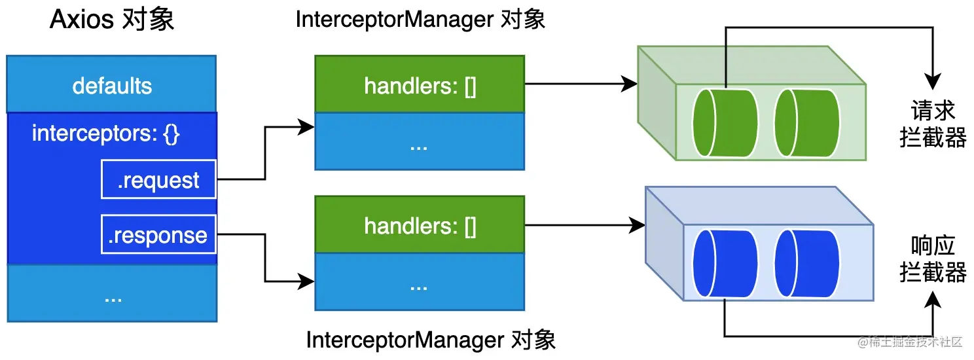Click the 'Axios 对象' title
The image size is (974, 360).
pos(112,20)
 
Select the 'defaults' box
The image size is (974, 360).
pos(111,84)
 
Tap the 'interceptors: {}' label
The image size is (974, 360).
pos(105,134)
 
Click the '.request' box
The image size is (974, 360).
pos(158,179)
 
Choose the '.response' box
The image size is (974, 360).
pos(158,234)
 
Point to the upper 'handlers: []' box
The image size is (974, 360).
pos(420,84)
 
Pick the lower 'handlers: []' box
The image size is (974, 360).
pos(420,225)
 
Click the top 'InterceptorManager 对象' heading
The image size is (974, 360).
pos(420,20)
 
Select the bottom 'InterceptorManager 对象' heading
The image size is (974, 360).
pos(431,340)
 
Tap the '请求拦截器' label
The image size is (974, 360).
pos(933,124)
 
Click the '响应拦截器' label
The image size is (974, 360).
pos(933,259)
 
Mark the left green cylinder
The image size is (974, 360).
pos(725,123)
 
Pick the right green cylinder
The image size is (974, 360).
pos(807,123)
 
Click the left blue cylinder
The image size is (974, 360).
pos(725,264)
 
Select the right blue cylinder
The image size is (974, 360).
pos(807,264)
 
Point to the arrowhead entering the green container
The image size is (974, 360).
pos(629,84)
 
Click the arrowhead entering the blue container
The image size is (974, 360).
pos(637,225)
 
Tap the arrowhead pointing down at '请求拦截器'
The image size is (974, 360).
pos(933,82)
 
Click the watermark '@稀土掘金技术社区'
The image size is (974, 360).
pos(910,342)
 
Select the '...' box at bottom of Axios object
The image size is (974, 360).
pos(112,293)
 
